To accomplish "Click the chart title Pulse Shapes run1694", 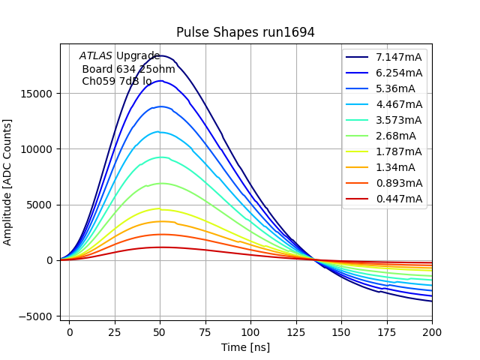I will point(245,32).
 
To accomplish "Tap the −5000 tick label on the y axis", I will point(35,316).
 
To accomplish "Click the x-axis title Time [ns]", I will point(245,347).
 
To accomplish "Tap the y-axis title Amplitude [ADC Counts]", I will point(8,181).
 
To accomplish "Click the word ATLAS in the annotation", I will point(96,55).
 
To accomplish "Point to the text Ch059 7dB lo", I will point(116,81).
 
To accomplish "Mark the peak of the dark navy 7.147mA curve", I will point(160,55).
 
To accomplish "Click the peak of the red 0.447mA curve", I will point(160,247).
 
